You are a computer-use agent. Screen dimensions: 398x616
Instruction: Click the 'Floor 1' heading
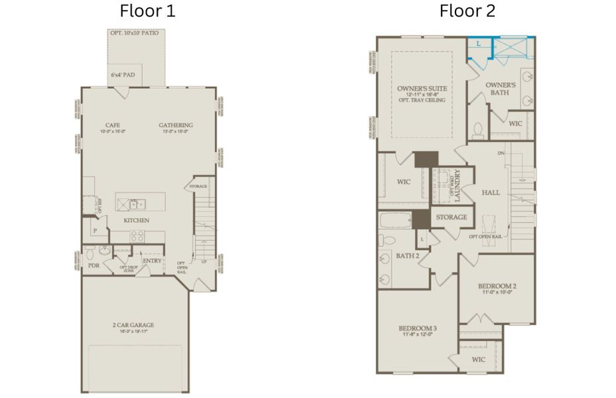pos(147,11)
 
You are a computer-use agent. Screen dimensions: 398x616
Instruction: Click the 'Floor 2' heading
pos(467,11)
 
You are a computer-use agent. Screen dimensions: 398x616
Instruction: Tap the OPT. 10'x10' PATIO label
pos(135,33)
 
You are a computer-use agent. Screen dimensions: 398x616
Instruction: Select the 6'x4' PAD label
pos(123,75)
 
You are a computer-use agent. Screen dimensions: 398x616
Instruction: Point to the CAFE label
pos(112,125)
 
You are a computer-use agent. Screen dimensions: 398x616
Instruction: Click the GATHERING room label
pos(176,125)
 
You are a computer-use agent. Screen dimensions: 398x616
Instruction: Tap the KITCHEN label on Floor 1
pos(136,220)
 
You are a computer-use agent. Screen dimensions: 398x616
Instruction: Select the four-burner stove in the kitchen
pos(137,235)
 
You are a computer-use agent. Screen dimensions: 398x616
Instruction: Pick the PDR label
pos(93,265)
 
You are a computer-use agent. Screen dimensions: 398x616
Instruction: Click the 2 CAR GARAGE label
pos(133,325)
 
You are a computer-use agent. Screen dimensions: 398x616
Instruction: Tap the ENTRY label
pos(152,261)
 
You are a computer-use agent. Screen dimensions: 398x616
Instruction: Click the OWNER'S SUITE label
pos(422,88)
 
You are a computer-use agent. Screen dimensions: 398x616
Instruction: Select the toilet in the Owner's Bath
pos(477,130)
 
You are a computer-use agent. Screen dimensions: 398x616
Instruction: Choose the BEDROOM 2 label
pos(497,287)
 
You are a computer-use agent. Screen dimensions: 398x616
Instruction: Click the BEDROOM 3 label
pos(417,329)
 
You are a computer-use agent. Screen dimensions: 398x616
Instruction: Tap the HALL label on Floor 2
pos(491,192)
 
